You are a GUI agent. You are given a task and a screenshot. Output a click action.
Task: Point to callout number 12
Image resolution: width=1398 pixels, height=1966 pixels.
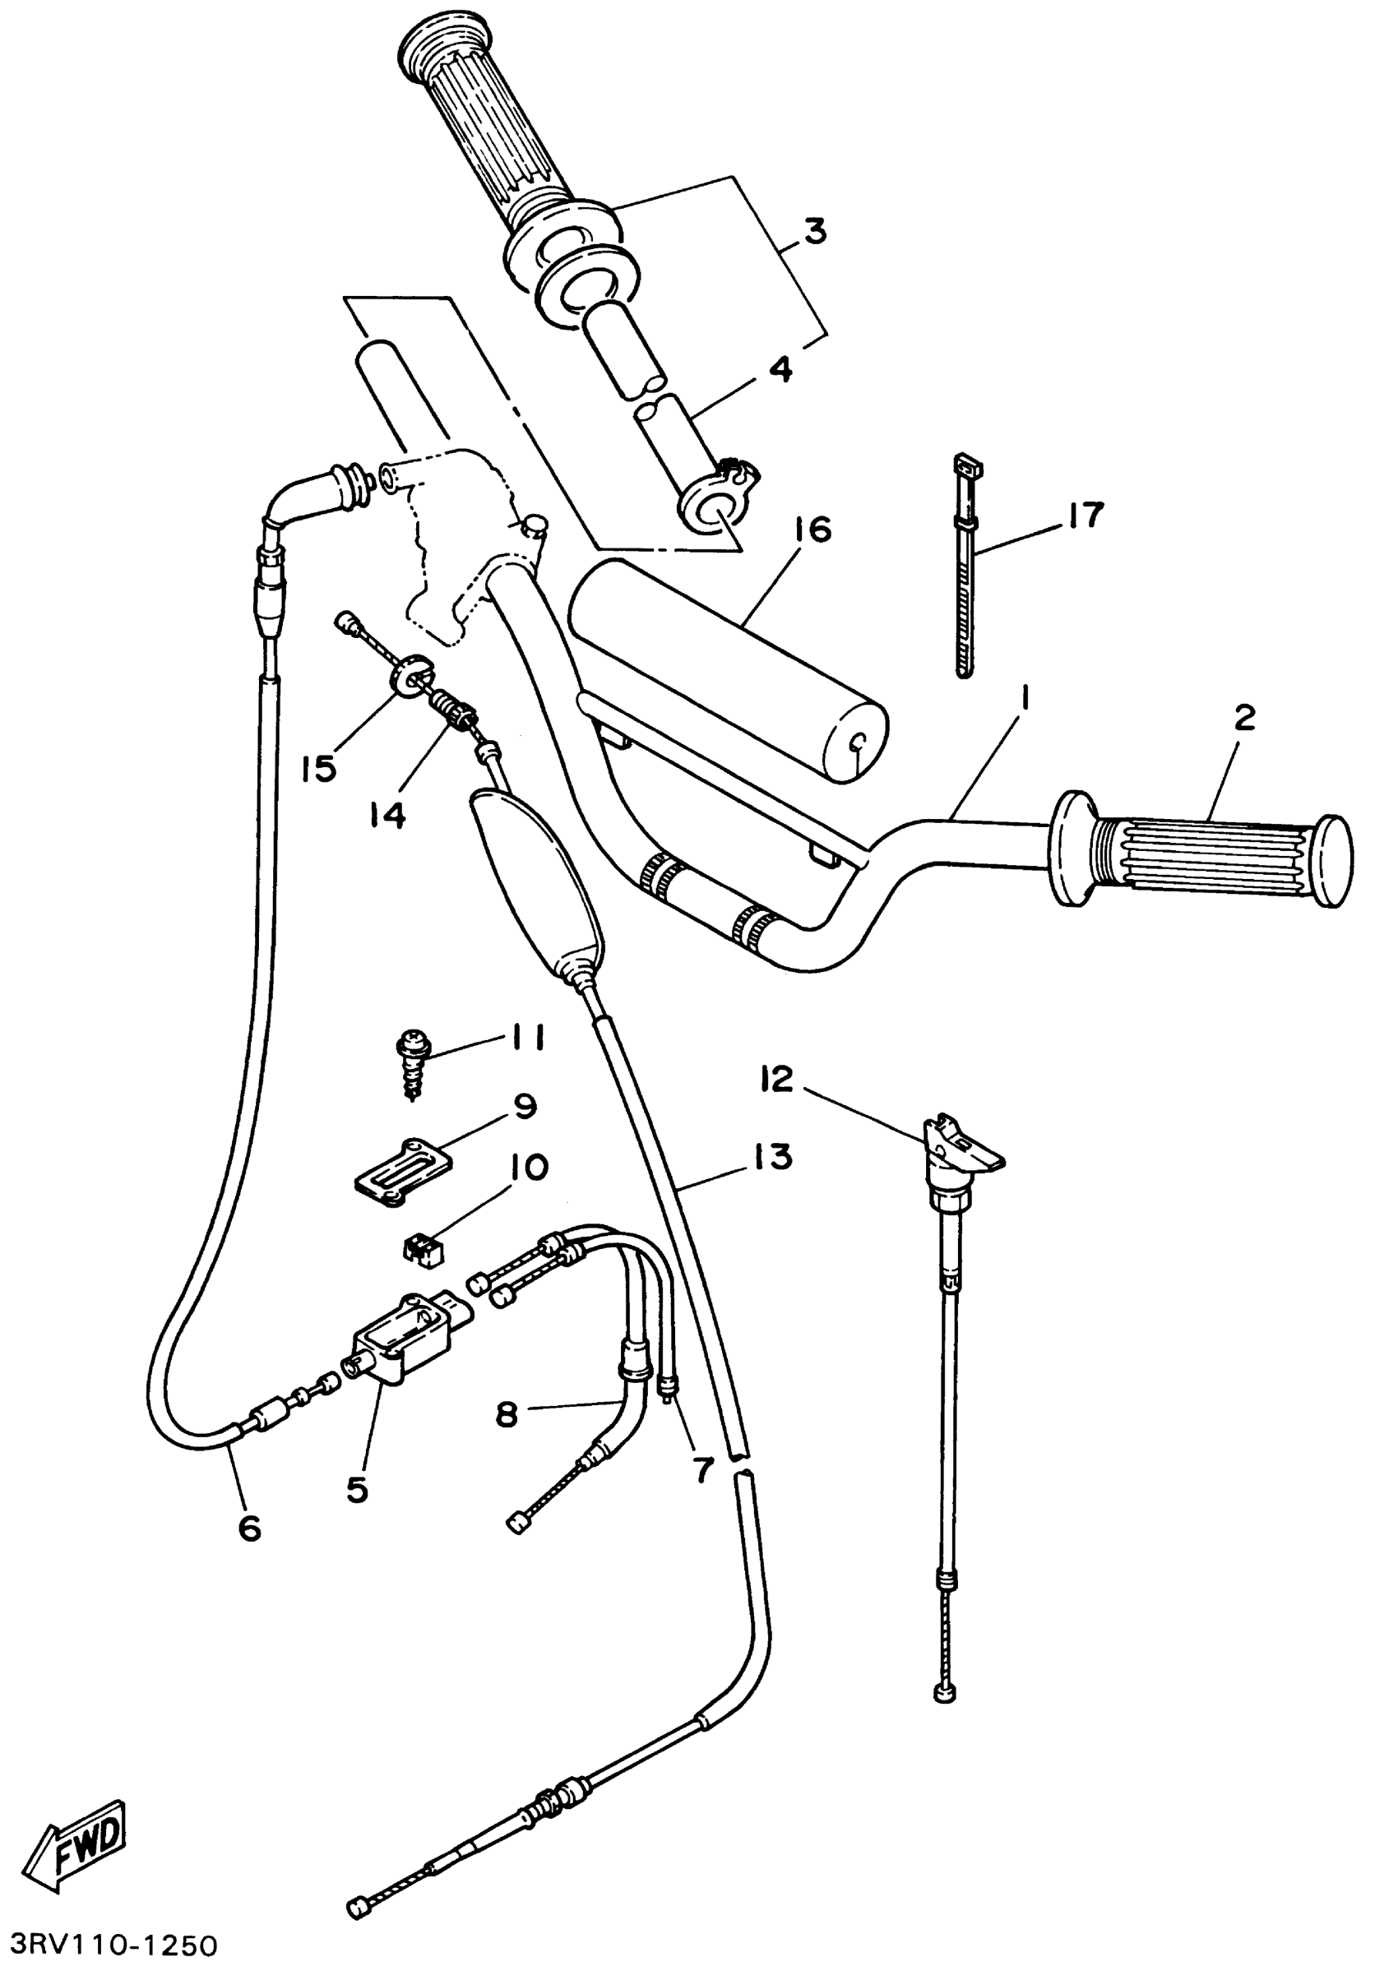pos(776,1079)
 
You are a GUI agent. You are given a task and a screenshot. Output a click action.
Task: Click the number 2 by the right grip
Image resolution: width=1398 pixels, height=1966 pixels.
pos(1245,717)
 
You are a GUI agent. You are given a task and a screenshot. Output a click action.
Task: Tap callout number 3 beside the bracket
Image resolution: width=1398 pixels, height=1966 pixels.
pos(814,232)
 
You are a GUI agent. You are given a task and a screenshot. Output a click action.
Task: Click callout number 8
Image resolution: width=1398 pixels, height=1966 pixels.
pos(507,1413)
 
